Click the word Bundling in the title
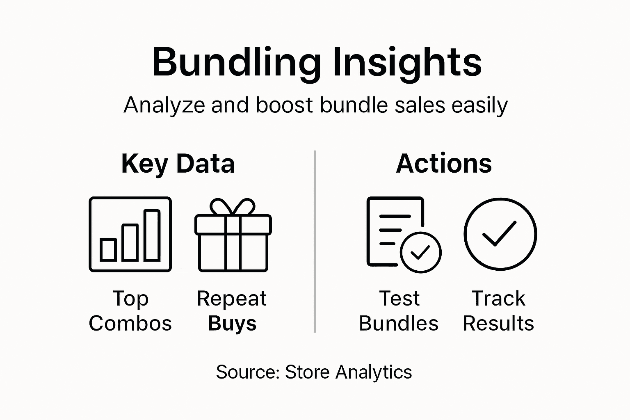(x=236, y=62)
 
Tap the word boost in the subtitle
(x=284, y=105)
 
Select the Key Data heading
(x=178, y=164)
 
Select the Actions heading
(x=444, y=164)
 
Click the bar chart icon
(x=130, y=234)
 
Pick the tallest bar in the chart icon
(x=152, y=235)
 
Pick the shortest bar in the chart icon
(x=108, y=249)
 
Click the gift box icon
(x=233, y=236)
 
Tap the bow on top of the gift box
(x=233, y=207)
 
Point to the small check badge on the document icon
(x=420, y=252)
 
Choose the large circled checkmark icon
(x=500, y=234)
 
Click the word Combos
(x=130, y=323)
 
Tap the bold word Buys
(x=232, y=323)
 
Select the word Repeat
(x=232, y=298)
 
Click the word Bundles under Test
(x=399, y=323)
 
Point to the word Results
(x=498, y=323)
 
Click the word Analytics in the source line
(x=373, y=372)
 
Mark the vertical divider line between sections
(x=315, y=242)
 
